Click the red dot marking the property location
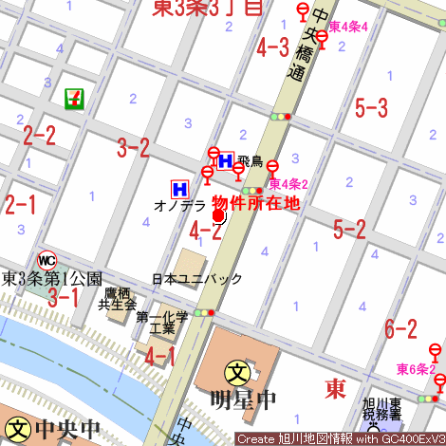click(x=218, y=216)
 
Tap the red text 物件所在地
click(x=255, y=202)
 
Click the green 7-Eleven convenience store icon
click(x=73, y=97)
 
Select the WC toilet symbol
click(x=46, y=259)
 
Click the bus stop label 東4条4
click(x=348, y=25)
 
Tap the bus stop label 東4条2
click(x=288, y=184)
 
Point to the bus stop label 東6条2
click(x=417, y=368)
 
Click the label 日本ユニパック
click(x=197, y=279)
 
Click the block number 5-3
click(x=371, y=107)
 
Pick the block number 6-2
click(x=400, y=328)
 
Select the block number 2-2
click(x=40, y=135)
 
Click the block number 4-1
click(x=160, y=356)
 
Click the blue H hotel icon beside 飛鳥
click(x=227, y=160)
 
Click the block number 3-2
click(x=133, y=147)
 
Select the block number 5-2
click(x=350, y=228)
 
